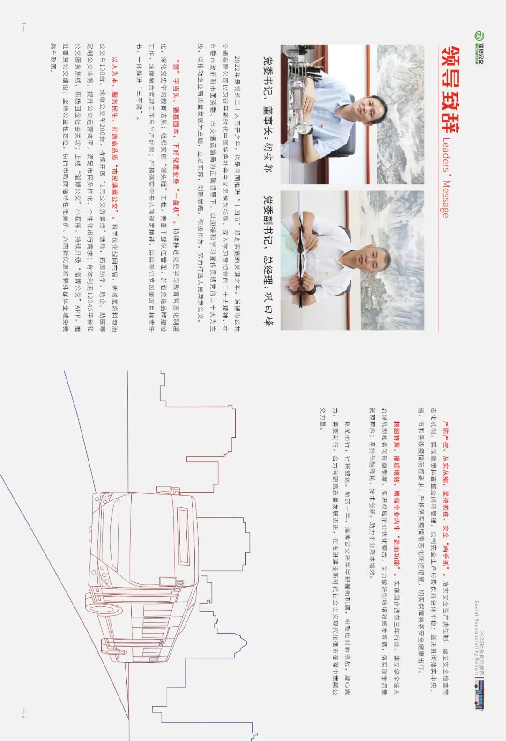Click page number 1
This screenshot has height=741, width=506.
click(23, 23)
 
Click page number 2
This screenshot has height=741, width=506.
click(23, 717)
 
